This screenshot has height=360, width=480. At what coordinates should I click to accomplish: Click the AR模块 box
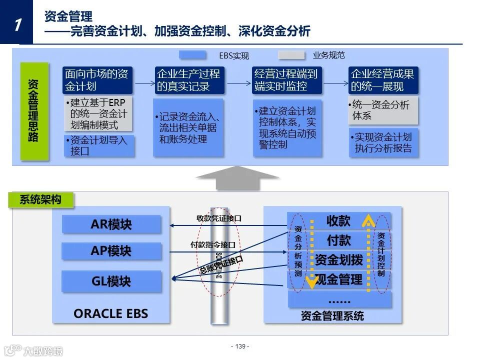(x=111, y=224)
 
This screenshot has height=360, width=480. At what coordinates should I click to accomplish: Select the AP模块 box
(x=111, y=251)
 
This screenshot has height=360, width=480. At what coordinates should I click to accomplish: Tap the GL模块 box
(x=111, y=281)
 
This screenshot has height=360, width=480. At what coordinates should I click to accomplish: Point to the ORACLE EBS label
(x=111, y=313)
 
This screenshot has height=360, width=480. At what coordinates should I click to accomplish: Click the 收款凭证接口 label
(x=219, y=218)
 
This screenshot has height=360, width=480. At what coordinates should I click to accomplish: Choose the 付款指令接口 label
(x=213, y=245)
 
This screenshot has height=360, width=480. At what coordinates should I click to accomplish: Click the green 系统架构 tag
(x=41, y=200)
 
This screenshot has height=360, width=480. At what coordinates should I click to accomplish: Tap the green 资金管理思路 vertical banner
(x=34, y=111)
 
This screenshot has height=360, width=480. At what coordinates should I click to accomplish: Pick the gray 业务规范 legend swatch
(x=292, y=55)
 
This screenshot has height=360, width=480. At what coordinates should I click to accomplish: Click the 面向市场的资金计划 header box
(x=97, y=80)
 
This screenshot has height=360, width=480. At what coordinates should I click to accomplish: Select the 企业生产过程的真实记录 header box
(x=188, y=80)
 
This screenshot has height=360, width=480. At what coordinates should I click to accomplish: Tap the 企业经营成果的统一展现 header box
(x=383, y=80)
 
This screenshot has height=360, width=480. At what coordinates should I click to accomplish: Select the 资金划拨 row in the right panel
(x=339, y=260)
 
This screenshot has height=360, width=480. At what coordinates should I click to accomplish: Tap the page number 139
(x=240, y=346)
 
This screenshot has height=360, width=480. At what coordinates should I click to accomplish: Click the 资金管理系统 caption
(x=332, y=316)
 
